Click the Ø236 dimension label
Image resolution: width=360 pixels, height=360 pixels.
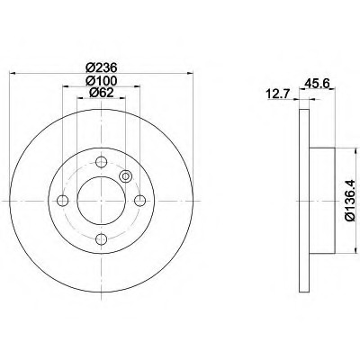coord(101,67)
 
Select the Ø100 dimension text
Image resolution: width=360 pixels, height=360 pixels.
coord(101,81)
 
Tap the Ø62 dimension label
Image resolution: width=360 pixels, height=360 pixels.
coord(101,93)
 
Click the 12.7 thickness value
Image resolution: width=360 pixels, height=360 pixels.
coord(277,94)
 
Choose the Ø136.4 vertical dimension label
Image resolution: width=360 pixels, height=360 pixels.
coord(350,201)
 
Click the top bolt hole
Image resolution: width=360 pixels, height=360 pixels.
coord(101,162)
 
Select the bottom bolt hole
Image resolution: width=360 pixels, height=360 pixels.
coord(101,239)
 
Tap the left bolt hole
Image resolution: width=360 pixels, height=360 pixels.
coord(63,201)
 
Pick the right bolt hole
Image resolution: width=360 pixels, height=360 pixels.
coord(139,201)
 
